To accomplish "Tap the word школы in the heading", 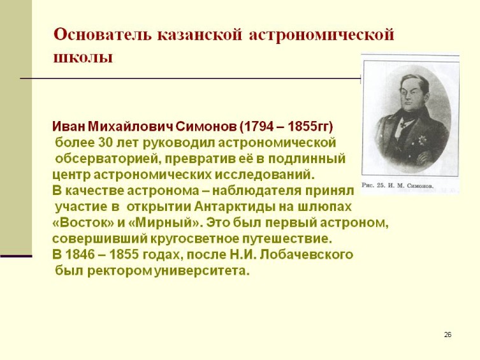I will (82, 57).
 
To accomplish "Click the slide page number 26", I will (447, 335).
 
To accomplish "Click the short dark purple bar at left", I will (16, 256).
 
